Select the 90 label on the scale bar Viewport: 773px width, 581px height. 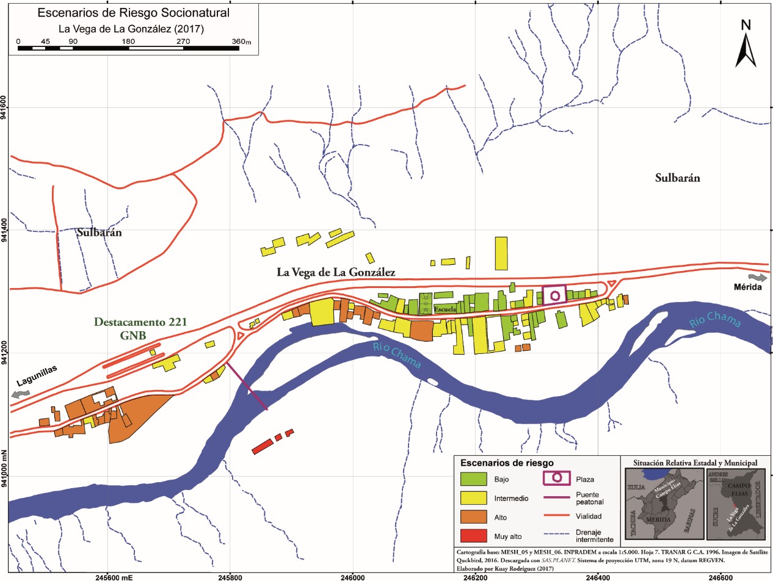pyautogui.click(x=73, y=41)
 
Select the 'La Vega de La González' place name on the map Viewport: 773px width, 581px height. pyautogui.click(x=336, y=273)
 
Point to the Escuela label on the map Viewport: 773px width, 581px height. pyautogui.click(x=445, y=309)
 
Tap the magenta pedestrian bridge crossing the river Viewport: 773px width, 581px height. pyautogui.click(x=247, y=386)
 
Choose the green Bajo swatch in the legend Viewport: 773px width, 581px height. pyautogui.click(x=473, y=479)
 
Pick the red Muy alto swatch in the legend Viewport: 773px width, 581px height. pyautogui.click(x=473, y=537)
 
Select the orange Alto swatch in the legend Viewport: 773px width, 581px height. pyautogui.click(x=473, y=518)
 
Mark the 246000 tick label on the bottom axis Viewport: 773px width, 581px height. pyautogui.click(x=353, y=575)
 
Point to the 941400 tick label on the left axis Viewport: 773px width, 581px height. pyautogui.click(x=5, y=231)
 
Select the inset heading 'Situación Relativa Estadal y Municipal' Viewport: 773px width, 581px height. pyautogui.click(x=695, y=463)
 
